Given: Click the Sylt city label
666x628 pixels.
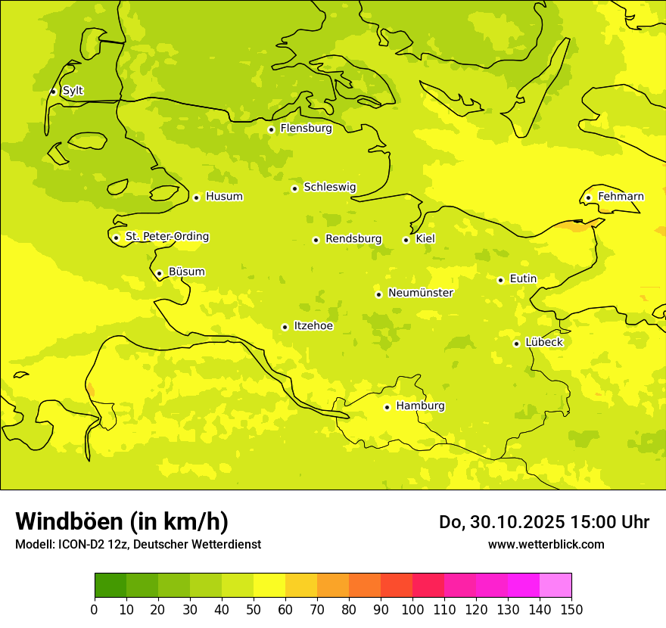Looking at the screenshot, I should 73,91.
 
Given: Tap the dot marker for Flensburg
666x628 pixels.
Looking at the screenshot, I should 271,129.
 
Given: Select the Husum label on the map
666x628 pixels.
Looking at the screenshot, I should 224,197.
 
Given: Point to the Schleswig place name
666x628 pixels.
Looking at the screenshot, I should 329,187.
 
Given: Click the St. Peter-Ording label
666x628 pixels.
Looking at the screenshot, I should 166,237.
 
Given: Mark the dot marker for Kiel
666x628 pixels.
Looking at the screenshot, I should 406,240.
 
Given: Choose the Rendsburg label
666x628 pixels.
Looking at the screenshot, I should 353,239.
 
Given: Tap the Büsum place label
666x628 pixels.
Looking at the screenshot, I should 186,272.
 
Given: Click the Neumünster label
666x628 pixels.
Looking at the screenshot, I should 420,293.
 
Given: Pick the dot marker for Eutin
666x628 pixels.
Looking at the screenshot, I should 500,280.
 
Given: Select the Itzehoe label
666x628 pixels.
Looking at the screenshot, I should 313,326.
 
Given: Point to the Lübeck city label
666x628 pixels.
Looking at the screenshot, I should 543,342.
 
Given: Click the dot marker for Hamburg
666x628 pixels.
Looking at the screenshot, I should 387,407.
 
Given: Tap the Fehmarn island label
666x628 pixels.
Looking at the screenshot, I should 621,197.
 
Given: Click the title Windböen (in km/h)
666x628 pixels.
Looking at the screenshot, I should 122,521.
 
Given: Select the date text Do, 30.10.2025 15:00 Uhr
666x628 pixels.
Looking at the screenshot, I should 543,522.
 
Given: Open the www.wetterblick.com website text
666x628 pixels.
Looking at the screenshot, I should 546,544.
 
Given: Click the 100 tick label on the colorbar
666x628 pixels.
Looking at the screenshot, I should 412,610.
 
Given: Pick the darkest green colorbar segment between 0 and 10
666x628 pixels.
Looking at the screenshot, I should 110,586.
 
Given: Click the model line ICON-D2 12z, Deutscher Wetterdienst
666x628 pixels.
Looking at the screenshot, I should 138,545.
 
